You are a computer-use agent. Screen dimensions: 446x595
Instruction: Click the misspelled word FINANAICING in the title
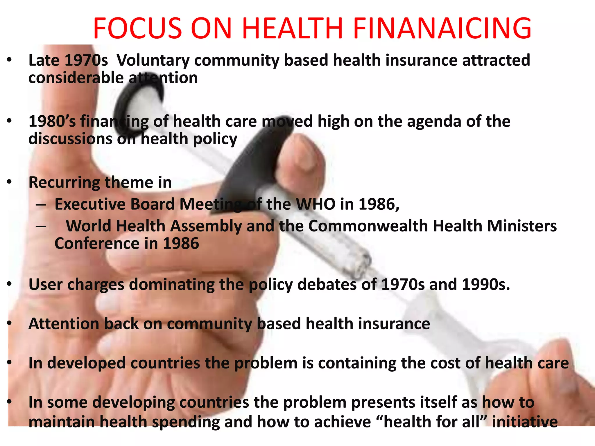tap(442, 28)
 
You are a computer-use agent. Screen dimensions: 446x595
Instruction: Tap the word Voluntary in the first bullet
tap(153, 60)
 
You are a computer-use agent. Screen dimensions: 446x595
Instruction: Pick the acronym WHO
tap(316, 204)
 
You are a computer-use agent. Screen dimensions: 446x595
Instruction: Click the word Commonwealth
tap(368, 226)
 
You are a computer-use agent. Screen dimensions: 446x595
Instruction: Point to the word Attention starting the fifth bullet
tap(64, 324)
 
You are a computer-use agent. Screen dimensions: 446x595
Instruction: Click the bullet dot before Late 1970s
tap(10, 60)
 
